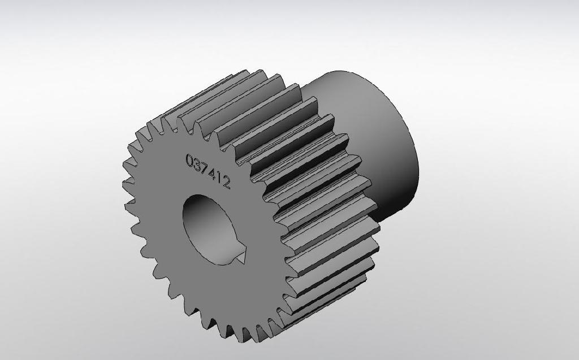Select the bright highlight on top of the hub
(345, 85)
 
